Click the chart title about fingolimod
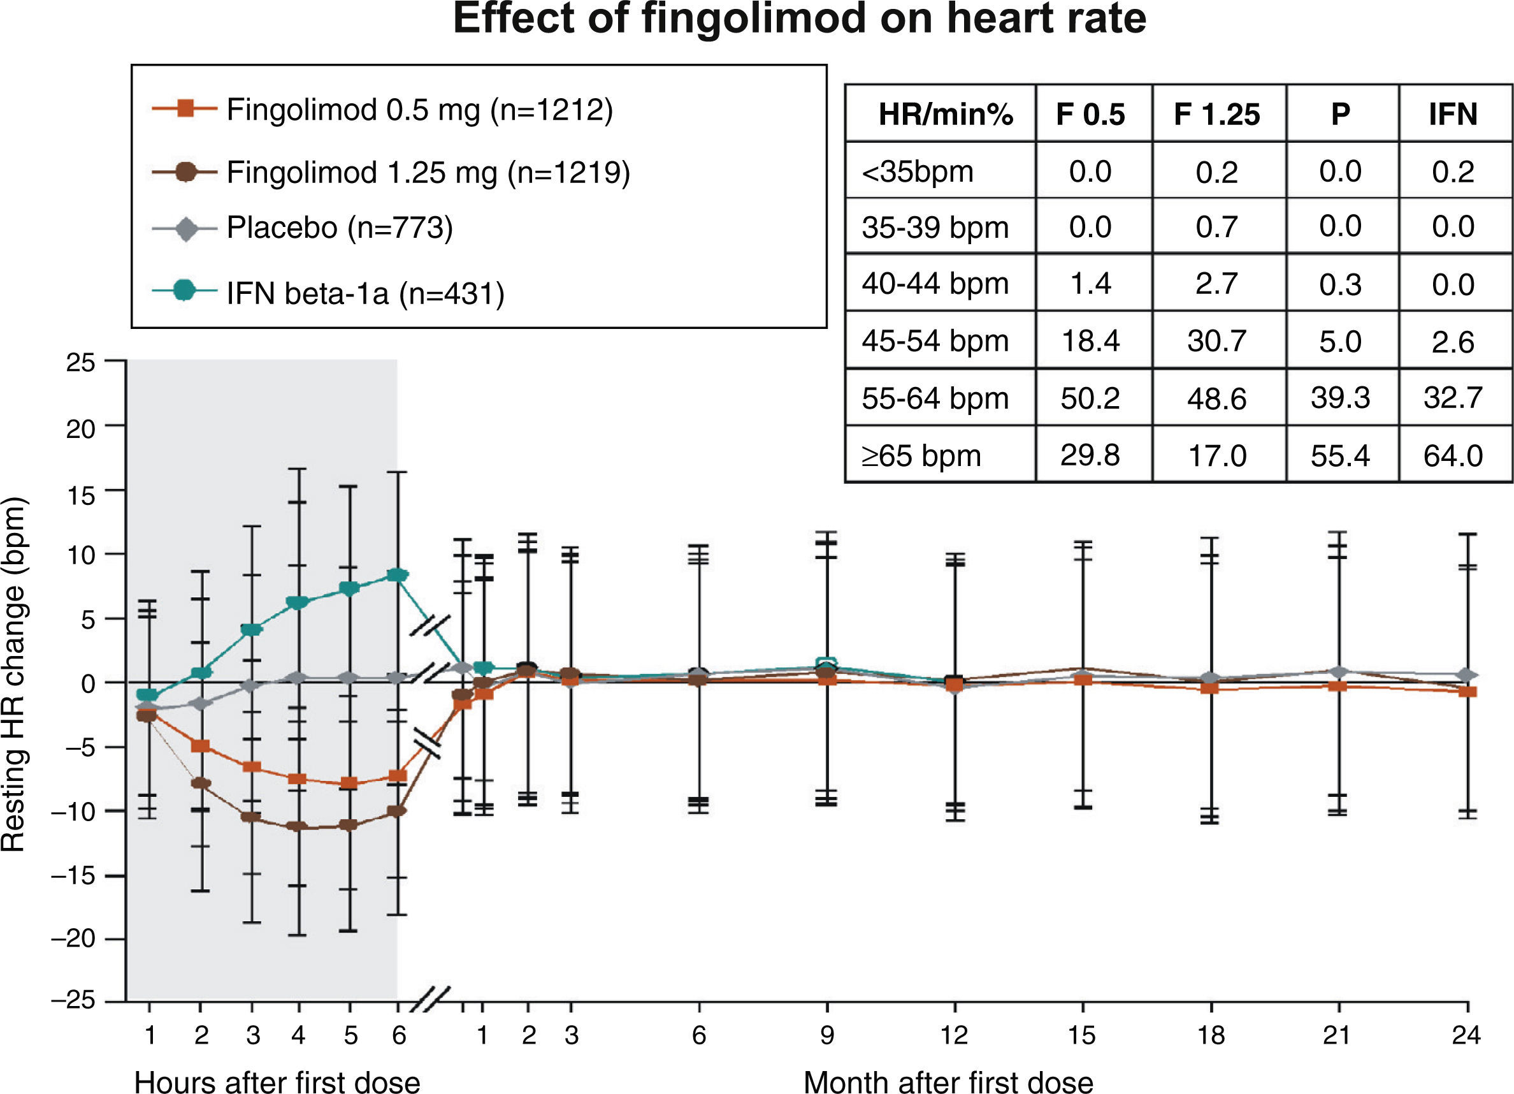pyautogui.click(x=799, y=18)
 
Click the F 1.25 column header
pyautogui.click(x=1216, y=114)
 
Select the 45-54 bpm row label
pyautogui.click(x=934, y=341)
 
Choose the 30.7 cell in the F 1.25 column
pyautogui.click(x=1216, y=341)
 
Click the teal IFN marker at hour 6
pyautogui.click(x=398, y=576)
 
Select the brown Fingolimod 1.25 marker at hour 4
pyautogui.click(x=298, y=827)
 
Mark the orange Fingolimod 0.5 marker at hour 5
pyautogui.click(x=349, y=784)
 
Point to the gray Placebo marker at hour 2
pyautogui.click(x=200, y=703)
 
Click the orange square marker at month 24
pyautogui.click(x=1467, y=691)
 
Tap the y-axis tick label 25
pyautogui.click(x=81, y=363)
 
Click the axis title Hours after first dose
pyautogui.click(x=277, y=1081)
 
